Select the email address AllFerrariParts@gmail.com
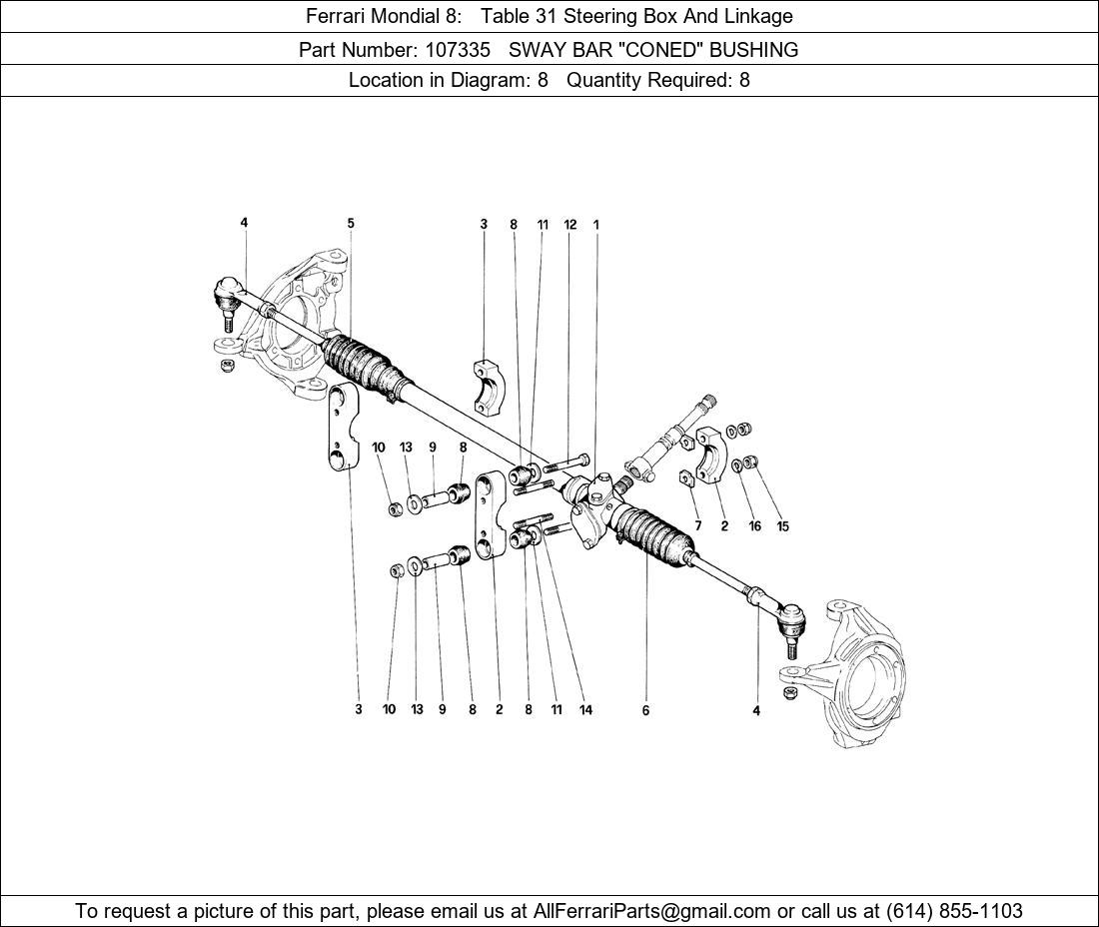tap(651, 911)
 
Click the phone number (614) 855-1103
tap(954, 911)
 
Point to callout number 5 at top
tap(351, 223)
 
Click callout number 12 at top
tap(569, 224)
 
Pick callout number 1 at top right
tap(595, 224)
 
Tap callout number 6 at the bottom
tap(645, 710)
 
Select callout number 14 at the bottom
tap(585, 710)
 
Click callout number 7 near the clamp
tap(697, 525)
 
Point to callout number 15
tap(783, 525)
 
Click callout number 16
tap(755, 525)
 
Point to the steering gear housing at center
tap(590, 505)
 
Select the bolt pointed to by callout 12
tap(566, 463)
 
